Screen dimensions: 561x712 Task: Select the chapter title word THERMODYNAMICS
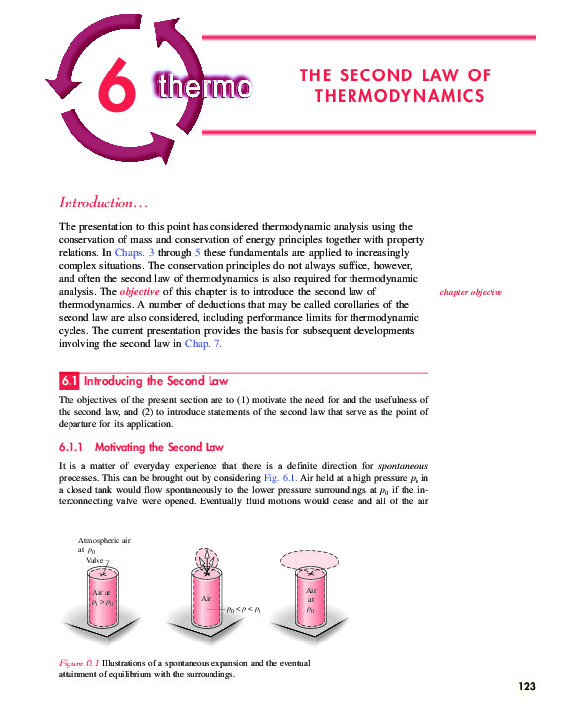tap(399, 96)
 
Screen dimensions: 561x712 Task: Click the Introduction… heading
tap(103, 203)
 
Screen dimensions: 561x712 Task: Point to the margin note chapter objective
tap(470, 293)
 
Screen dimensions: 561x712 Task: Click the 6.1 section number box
tap(69, 381)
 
